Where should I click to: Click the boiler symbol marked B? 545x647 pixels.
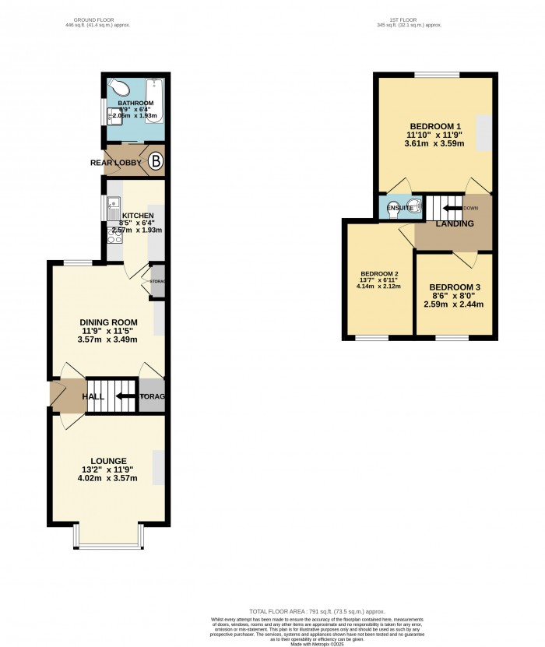tap(155, 162)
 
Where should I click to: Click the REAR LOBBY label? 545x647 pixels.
tap(114, 163)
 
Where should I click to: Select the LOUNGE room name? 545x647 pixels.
tap(107, 461)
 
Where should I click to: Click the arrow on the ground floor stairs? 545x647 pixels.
tap(122, 396)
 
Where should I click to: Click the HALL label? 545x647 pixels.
tap(93, 397)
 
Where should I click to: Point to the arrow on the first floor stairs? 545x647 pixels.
tap(450, 208)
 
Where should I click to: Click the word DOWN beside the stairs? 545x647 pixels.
tap(470, 208)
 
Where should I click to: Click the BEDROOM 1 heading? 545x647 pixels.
tap(435, 126)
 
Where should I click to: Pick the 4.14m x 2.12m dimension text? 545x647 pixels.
tap(379, 287)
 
